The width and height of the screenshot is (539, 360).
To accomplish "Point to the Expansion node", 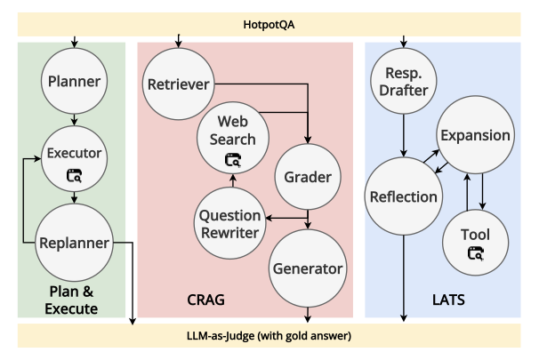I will (x=474, y=136).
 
